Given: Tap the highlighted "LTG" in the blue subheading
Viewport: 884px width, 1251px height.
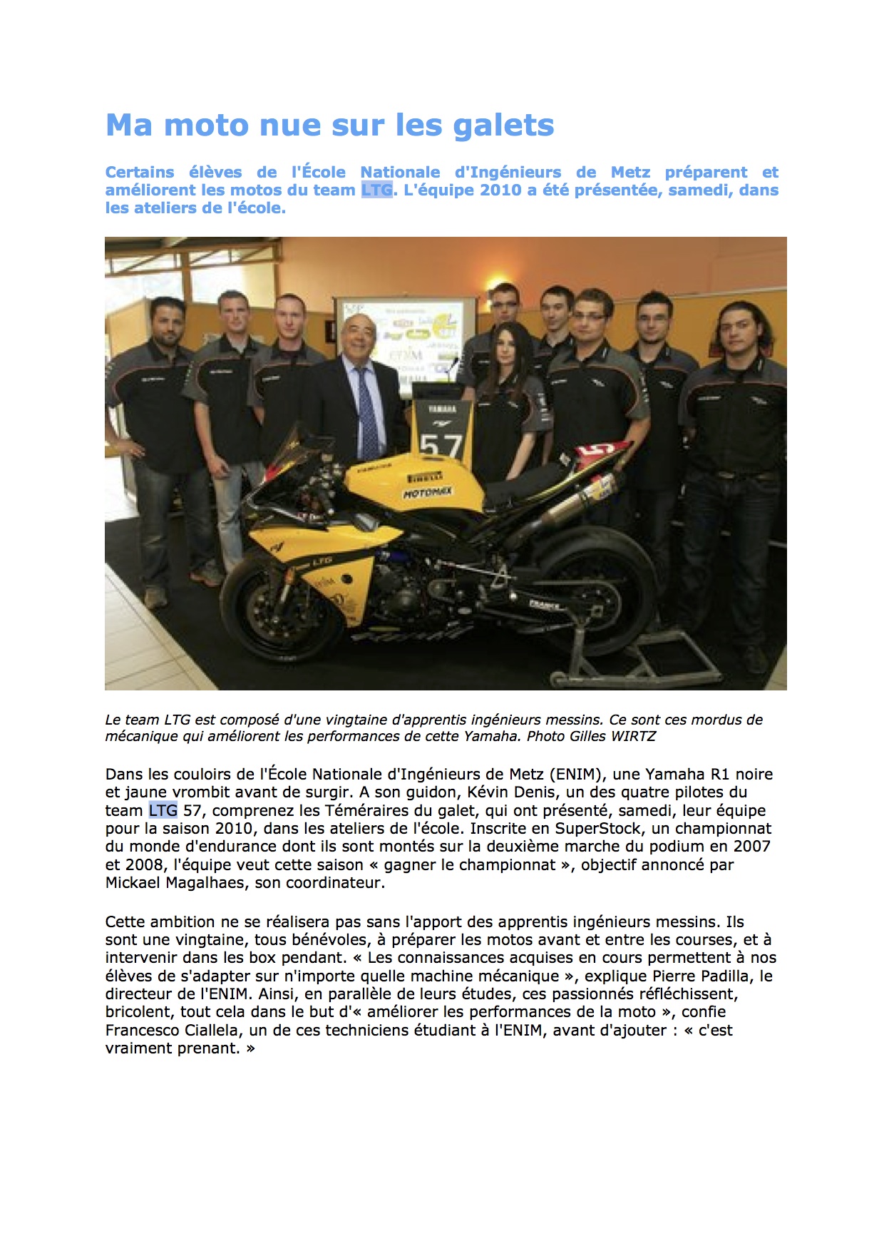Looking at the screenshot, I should pos(376,190).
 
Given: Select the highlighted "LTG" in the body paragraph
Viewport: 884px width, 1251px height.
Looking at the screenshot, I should pos(163,810).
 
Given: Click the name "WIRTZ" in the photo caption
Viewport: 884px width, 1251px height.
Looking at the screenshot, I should pos(633,736).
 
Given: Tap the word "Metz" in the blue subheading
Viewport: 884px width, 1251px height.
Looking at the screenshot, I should pos(630,172).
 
